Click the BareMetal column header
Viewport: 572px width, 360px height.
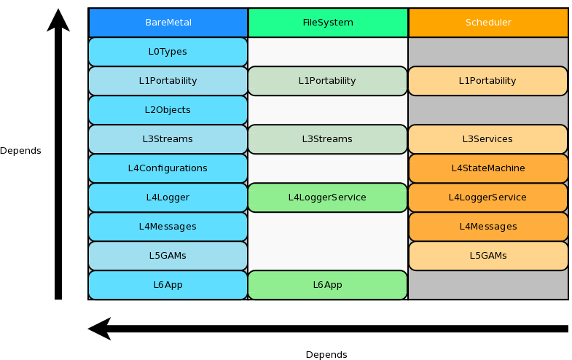(x=168, y=23)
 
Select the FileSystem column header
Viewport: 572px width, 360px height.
(x=327, y=23)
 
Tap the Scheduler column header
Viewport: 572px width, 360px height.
(x=488, y=23)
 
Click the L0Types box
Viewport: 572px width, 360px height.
(x=168, y=52)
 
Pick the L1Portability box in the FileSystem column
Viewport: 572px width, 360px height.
(x=327, y=81)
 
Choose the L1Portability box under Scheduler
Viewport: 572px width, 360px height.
(x=487, y=81)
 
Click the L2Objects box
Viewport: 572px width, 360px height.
(x=168, y=110)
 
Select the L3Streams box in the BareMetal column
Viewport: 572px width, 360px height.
(x=168, y=139)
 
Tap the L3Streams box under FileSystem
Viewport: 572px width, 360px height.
(x=327, y=139)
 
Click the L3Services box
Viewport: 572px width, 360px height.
(x=487, y=139)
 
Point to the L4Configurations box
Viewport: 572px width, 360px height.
(x=168, y=168)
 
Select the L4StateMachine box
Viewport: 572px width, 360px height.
(x=487, y=168)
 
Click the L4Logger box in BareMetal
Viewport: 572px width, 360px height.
(x=168, y=197)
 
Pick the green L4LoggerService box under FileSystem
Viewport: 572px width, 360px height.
(x=327, y=197)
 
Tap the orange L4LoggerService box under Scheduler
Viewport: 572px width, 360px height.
(x=487, y=197)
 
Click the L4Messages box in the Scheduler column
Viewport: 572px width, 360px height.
(x=487, y=227)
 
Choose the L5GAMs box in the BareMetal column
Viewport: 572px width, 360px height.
(x=168, y=256)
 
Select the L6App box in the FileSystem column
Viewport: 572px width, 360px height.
(x=327, y=285)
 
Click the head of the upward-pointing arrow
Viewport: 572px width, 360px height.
(x=58, y=20)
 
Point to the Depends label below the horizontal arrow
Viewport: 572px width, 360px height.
(x=326, y=355)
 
